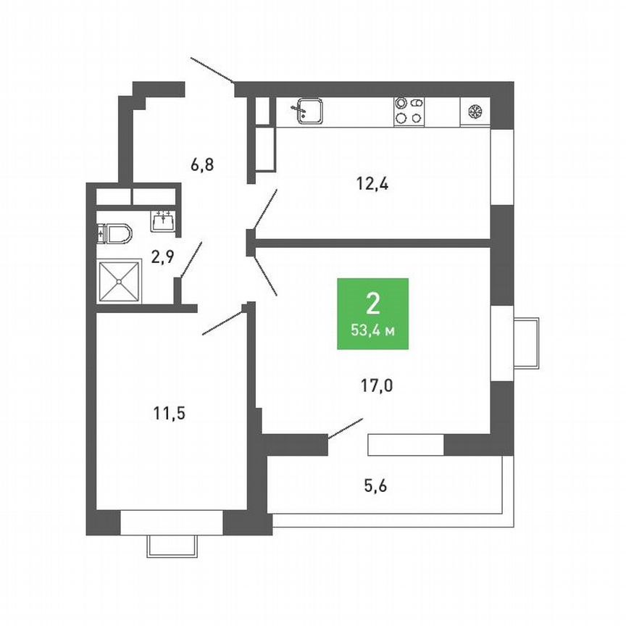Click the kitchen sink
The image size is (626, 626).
pos(309,111)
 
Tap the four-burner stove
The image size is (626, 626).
pos(409,112)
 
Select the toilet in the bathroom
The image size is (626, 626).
pos(114,234)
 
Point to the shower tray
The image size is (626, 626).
pos(119,281)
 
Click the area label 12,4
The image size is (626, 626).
pos(372,185)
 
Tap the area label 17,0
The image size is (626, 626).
pos(377,386)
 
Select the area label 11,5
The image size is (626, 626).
pos(170,413)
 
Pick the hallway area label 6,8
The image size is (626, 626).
pos(202,164)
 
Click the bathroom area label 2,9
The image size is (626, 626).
pos(162,256)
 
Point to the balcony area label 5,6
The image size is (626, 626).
pos(375,486)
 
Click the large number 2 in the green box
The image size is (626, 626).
pos(373,304)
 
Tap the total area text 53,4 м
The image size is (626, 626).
pos(373,330)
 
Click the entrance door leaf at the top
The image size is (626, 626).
pos(213,70)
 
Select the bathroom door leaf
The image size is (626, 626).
pos(191,259)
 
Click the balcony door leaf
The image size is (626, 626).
pos(346,429)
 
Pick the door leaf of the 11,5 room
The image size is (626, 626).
pos(222,323)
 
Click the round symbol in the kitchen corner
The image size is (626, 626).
pos(475,112)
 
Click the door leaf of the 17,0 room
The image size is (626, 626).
pos(265,275)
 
